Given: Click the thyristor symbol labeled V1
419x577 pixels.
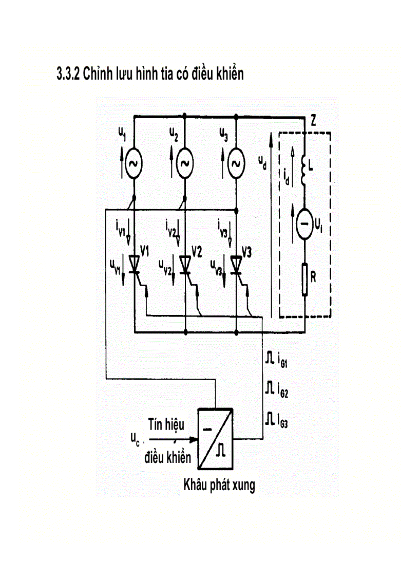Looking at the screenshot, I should tap(134, 264).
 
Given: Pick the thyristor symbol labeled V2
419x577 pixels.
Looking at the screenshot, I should tap(185, 264).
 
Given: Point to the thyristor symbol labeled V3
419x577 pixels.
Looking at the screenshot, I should tap(236, 264).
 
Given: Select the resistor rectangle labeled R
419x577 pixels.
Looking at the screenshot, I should tap(305, 280).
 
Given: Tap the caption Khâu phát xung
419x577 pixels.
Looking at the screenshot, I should tap(219, 485).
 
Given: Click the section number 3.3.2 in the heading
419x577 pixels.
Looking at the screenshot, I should tap(69, 75).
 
